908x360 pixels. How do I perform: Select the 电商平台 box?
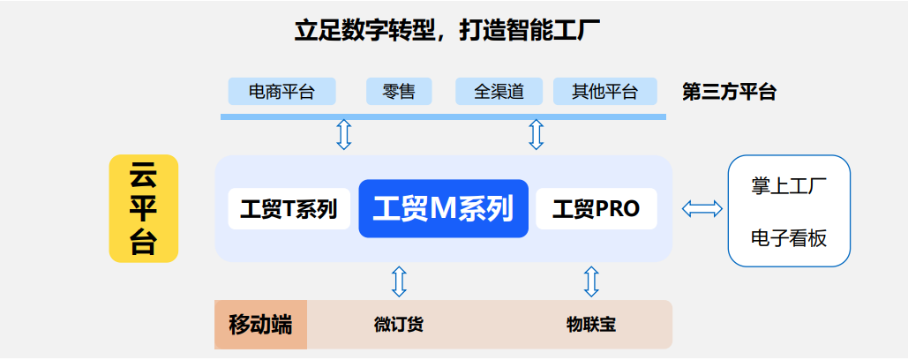(x=281, y=91)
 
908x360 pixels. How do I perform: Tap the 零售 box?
(x=399, y=91)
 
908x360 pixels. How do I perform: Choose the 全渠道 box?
(x=499, y=91)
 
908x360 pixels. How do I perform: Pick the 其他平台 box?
(x=604, y=91)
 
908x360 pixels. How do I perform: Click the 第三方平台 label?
(x=729, y=92)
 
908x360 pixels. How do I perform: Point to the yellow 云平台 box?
(x=143, y=208)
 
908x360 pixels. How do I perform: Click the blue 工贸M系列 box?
(x=443, y=209)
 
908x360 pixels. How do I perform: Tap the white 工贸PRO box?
(x=596, y=209)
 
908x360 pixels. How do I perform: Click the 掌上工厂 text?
(x=788, y=187)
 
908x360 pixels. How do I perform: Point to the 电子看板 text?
(x=788, y=237)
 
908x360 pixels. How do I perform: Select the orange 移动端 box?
(x=260, y=324)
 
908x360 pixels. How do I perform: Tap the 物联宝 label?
(x=590, y=324)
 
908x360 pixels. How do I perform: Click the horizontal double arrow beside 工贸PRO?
(x=702, y=209)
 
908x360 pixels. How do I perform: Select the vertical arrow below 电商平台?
(x=344, y=134)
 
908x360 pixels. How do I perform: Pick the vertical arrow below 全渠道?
(x=536, y=134)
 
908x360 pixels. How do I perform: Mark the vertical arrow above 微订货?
(x=399, y=281)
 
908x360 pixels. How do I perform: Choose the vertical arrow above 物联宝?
(x=591, y=281)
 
